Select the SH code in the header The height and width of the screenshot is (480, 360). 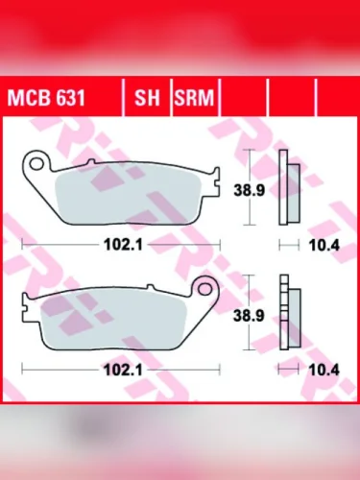pyautogui.click(x=146, y=97)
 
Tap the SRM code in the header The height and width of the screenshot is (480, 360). pyautogui.click(x=195, y=97)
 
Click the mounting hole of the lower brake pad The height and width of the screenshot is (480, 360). pyautogui.click(x=202, y=286)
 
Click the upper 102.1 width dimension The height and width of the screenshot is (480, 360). pyautogui.click(x=122, y=245)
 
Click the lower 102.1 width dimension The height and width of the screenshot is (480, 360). pyautogui.click(x=122, y=368)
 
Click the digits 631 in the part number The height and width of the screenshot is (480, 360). pyautogui.click(x=63, y=97)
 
